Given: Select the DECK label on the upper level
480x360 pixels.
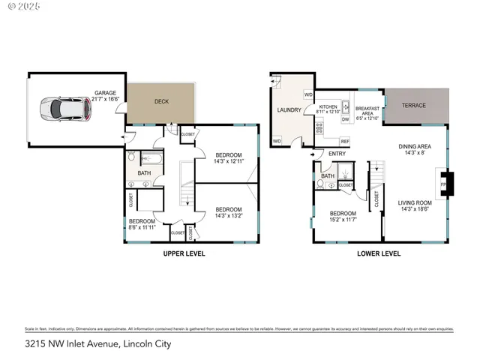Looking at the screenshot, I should click(x=161, y=101).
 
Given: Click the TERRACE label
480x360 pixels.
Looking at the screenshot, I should click(x=412, y=105).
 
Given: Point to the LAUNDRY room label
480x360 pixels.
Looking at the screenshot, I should click(x=289, y=110).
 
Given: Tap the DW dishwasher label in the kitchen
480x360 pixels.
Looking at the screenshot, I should click(x=345, y=119).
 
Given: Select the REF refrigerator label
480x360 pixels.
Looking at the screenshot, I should click(x=345, y=141).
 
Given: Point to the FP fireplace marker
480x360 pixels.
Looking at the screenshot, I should click(x=442, y=182).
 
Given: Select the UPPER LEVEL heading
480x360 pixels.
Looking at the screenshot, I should click(x=184, y=253).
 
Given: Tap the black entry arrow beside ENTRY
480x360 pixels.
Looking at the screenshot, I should click(x=313, y=155).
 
